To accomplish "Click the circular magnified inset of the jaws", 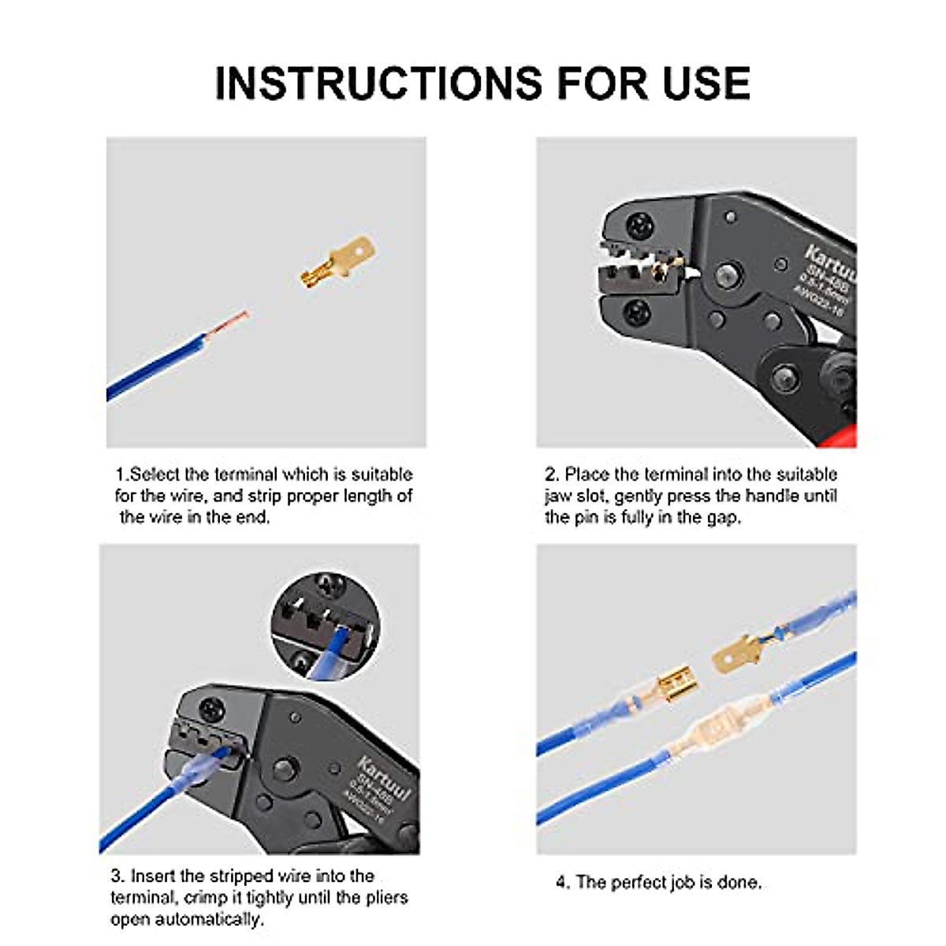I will click(x=326, y=626).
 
